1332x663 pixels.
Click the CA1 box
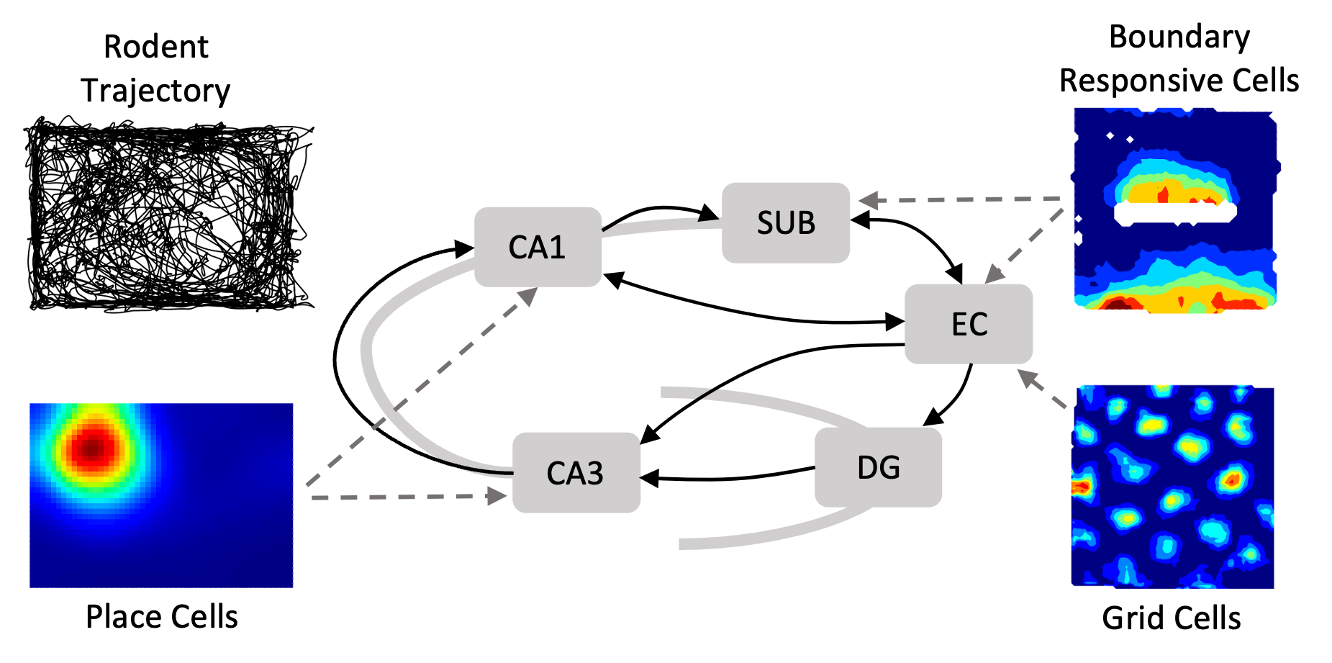pyautogui.click(x=538, y=247)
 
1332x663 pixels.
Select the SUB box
pyautogui.click(x=786, y=222)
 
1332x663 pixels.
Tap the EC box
pyautogui.click(x=969, y=324)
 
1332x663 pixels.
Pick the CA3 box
pyautogui.click(x=576, y=473)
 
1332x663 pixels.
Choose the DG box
pyautogui.click(x=878, y=468)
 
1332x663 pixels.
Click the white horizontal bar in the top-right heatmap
pyautogui.click(x=1174, y=212)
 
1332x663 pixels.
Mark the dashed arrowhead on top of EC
pyautogui.click(x=994, y=274)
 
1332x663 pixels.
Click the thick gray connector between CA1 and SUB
pyautogui.click(x=662, y=227)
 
